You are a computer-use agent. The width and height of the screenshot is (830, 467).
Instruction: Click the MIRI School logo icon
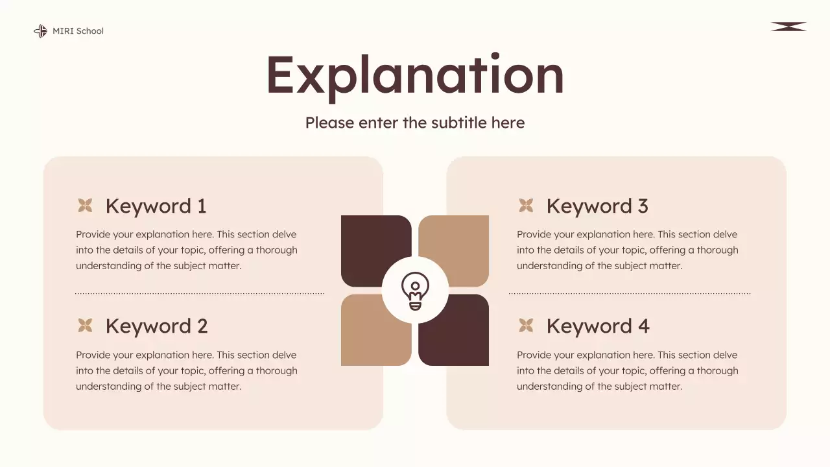(x=40, y=31)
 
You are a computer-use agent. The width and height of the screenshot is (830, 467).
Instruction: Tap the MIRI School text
(x=78, y=31)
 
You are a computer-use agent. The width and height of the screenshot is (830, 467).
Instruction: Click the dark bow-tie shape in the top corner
(x=788, y=27)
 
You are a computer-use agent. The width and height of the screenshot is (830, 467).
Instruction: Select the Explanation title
(x=415, y=75)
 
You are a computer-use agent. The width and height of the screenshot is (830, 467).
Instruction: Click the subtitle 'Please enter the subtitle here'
(x=415, y=123)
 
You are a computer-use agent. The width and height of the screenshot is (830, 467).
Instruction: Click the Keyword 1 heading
(x=156, y=206)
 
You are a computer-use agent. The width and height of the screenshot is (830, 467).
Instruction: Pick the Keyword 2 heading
(x=156, y=326)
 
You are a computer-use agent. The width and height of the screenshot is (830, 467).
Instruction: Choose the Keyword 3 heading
(x=597, y=206)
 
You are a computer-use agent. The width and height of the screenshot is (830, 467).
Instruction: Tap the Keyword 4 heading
(x=598, y=326)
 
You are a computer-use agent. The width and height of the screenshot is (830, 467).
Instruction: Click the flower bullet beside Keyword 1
(x=85, y=206)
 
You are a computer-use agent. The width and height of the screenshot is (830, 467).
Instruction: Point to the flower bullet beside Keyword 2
(x=85, y=326)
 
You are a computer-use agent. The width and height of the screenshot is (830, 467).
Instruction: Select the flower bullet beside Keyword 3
(x=526, y=206)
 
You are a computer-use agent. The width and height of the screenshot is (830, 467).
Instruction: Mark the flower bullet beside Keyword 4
(x=526, y=326)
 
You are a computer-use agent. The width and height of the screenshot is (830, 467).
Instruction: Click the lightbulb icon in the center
(x=415, y=291)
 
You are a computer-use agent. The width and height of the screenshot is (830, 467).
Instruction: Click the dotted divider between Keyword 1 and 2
(x=200, y=294)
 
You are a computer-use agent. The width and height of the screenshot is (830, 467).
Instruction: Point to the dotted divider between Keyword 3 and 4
(x=629, y=294)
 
